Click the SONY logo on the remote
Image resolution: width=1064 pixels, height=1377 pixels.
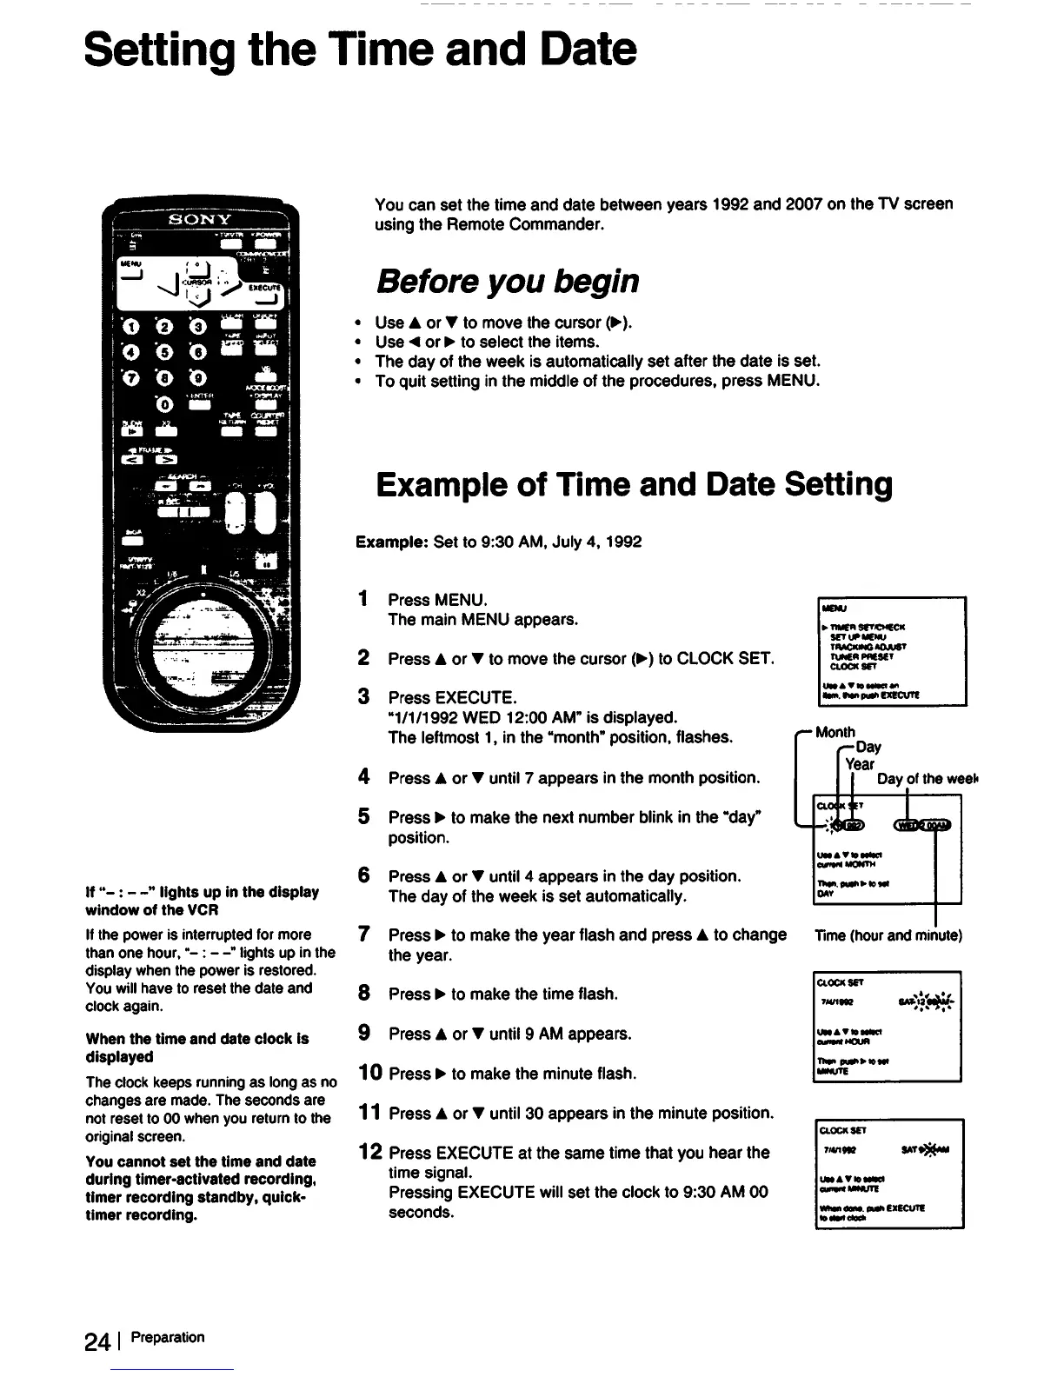[200, 218]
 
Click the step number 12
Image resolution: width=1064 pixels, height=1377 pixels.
[371, 1153]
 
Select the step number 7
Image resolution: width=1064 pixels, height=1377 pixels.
[366, 935]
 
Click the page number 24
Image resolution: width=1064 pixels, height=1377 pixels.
[96, 1341]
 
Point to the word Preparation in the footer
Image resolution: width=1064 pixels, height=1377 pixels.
[168, 1337]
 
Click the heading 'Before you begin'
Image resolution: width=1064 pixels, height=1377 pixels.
[508, 282]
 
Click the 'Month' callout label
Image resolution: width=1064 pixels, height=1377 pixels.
[835, 732]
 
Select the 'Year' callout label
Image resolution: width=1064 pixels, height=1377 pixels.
[861, 764]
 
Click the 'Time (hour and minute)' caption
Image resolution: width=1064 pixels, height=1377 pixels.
[888, 936]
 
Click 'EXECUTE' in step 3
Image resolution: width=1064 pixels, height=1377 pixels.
[476, 698]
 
